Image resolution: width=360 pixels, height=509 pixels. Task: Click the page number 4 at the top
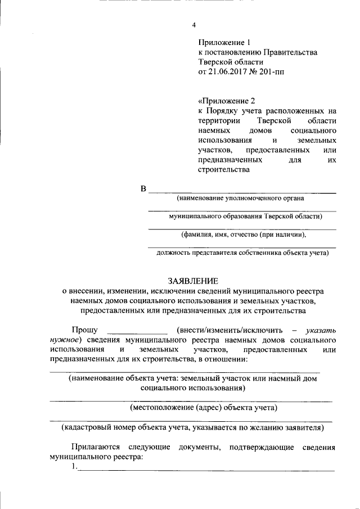pos(194,25)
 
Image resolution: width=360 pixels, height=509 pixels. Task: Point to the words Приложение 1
pos(223,42)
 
